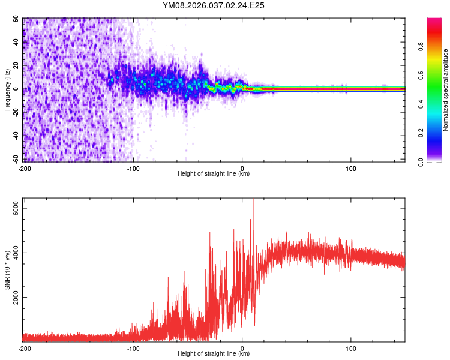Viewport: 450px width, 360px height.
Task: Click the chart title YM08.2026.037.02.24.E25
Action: pos(214,5)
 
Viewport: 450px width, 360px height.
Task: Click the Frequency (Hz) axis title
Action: pos(7,90)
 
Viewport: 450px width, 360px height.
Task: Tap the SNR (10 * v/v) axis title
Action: pos(7,271)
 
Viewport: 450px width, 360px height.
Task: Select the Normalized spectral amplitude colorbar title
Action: pos(446,90)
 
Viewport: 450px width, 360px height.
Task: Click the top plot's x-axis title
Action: pos(214,173)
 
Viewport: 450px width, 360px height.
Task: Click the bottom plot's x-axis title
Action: pos(214,353)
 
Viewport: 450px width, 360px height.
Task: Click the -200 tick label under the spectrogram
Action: pos(25,167)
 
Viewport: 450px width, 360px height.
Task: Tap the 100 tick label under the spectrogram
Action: pos(351,167)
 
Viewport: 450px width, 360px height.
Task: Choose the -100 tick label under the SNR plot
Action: pos(133,347)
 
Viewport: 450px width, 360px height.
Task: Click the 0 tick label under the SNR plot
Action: pos(242,347)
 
